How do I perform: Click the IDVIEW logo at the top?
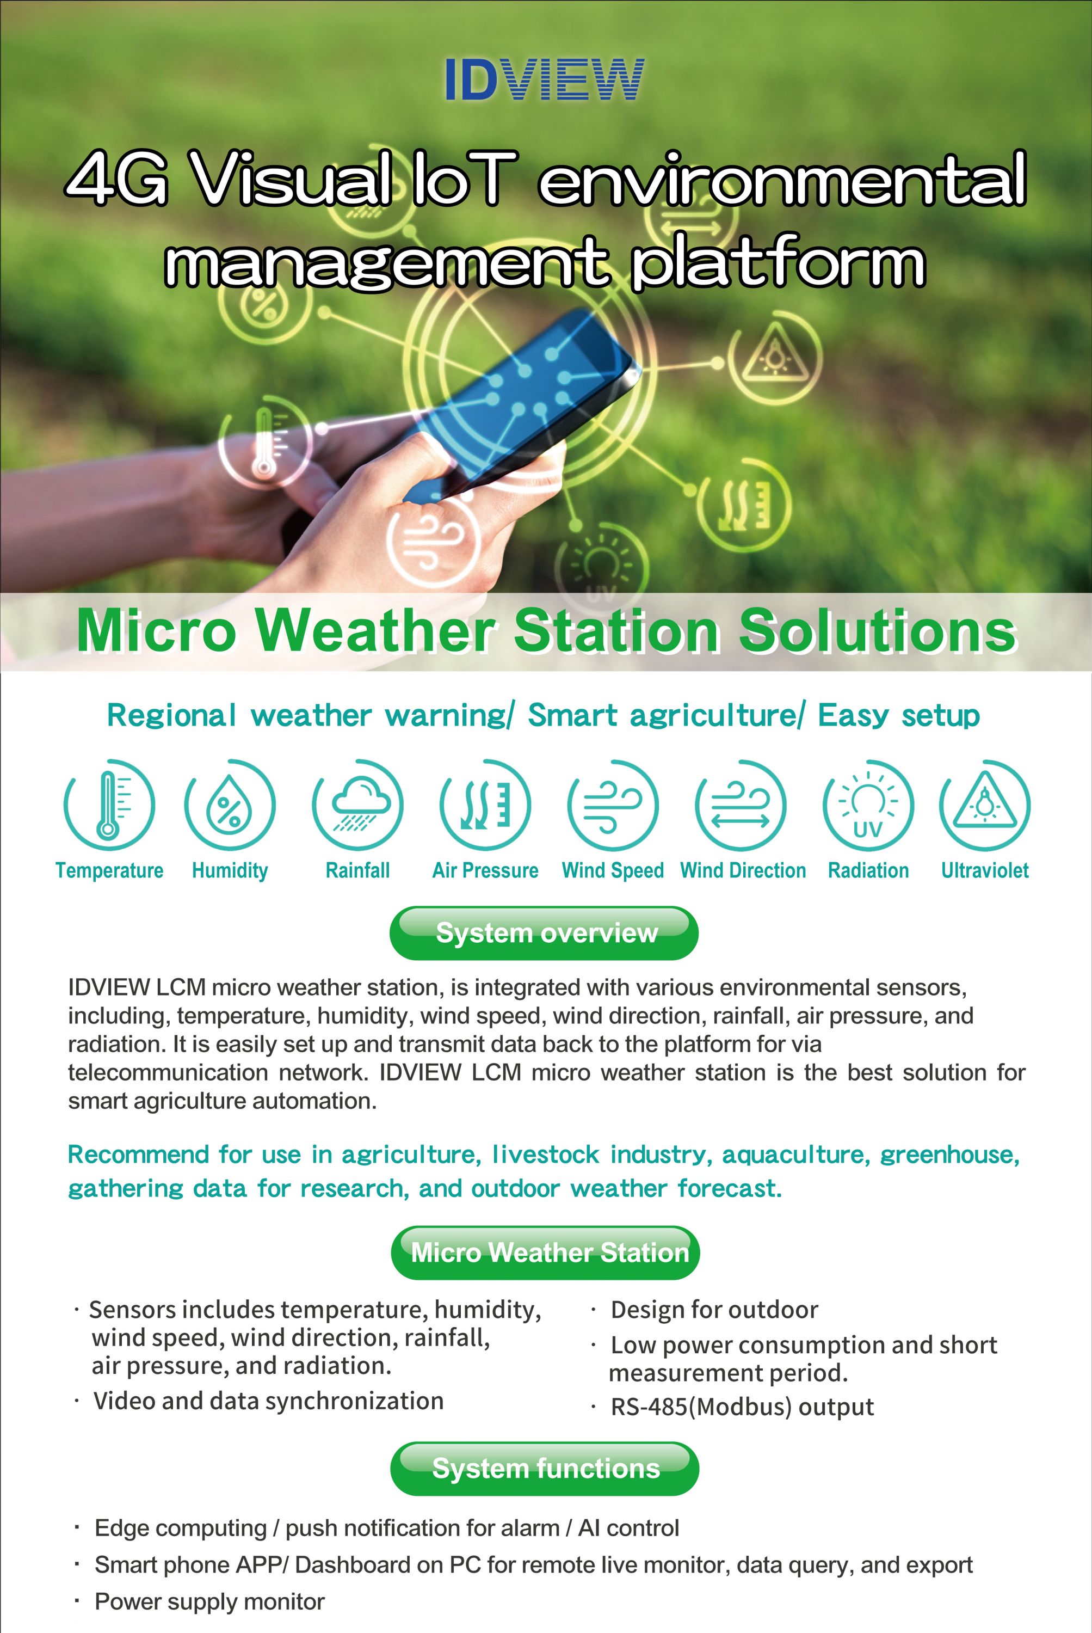coord(545,79)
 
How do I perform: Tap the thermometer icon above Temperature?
coord(109,805)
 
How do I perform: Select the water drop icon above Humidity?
coord(230,805)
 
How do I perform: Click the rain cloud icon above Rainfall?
coord(358,805)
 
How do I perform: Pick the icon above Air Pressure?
coord(485,805)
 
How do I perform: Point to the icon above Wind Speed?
coord(613,805)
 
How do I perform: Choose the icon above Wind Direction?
coord(741,805)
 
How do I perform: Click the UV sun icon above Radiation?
coord(868,805)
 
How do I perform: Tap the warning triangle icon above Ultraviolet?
coord(985,805)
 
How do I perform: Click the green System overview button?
coord(544,933)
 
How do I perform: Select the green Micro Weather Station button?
coord(545,1253)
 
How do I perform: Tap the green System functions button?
coord(545,1469)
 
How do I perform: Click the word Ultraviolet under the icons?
coord(985,870)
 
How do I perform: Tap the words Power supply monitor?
coord(209,1601)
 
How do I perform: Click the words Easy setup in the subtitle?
coord(899,715)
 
